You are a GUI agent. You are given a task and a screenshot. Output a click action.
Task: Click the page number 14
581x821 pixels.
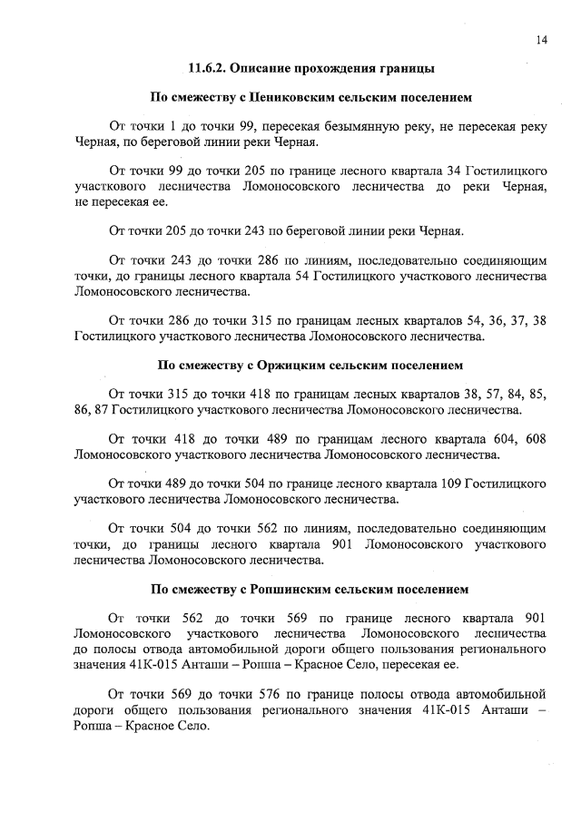tap(541, 39)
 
